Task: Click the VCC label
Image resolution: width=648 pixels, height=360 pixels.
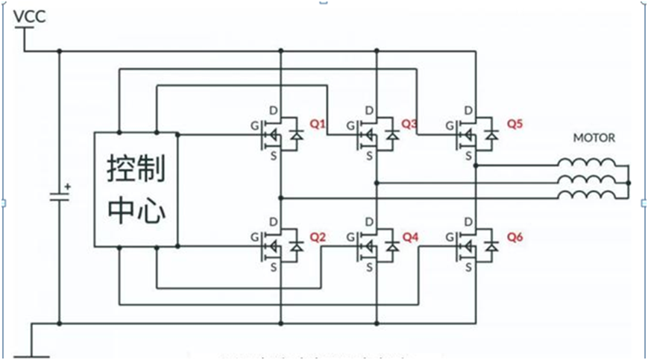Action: point(30,16)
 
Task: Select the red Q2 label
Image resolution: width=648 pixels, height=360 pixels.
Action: point(318,237)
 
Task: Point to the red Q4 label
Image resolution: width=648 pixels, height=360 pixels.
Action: point(410,237)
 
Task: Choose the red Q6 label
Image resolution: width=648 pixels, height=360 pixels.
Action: point(515,237)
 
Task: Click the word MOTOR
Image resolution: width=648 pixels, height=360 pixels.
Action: point(594,138)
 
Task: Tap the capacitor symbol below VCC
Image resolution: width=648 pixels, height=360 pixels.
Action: point(60,197)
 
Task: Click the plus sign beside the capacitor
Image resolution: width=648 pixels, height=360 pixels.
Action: point(68,186)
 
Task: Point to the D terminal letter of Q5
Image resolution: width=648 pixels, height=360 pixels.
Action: point(468,111)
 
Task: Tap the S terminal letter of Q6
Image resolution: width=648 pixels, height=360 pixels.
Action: point(468,266)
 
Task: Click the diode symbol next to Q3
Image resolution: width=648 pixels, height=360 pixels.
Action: point(392,136)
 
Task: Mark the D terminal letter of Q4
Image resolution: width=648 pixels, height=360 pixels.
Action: point(370,222)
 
